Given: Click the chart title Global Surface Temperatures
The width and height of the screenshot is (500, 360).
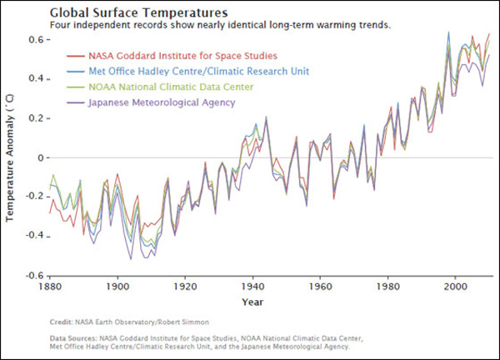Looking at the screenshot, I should [x=137, y=13].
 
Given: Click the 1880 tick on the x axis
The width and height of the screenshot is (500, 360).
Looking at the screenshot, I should [x=50, y=286].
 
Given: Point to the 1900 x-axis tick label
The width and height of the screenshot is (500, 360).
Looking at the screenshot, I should [x=117, y=286].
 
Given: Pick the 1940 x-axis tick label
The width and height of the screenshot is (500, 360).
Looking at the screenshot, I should [x=252, y=286].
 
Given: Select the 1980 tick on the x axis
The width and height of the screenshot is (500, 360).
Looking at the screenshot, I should [x=387, y=286].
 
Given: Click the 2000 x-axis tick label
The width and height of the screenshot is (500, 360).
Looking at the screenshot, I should [x=455, y=286].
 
